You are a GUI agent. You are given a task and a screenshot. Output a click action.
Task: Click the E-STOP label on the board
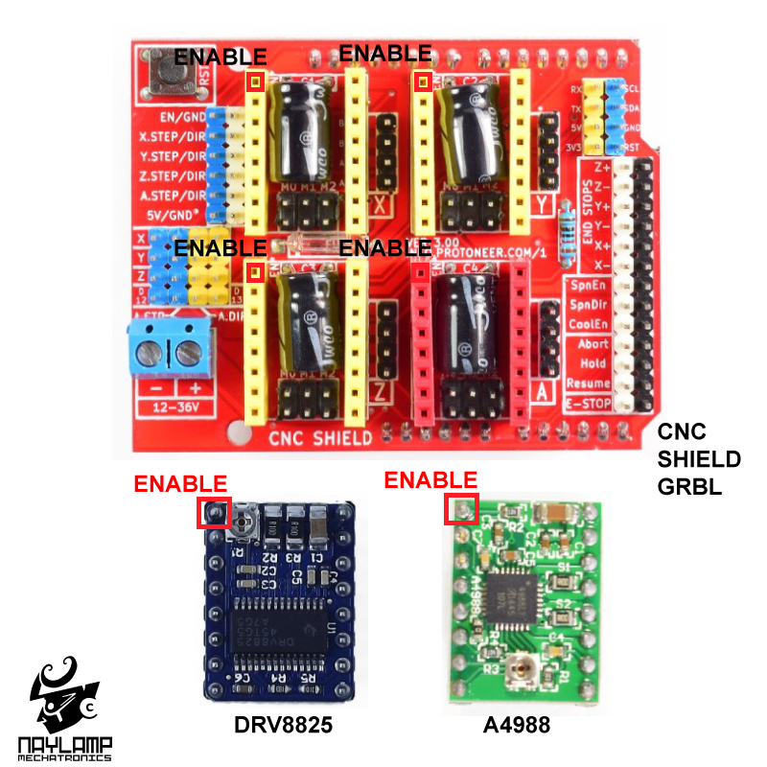click(x=588, y=404)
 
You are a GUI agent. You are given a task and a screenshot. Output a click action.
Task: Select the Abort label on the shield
click(x=593, y=343)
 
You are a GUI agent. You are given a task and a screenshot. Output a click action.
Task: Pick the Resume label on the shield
click(x=588, y=383)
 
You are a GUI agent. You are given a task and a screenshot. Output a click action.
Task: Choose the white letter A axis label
click(x=543, y=392)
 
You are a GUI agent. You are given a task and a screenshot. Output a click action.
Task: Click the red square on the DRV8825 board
click(x=214, y=512)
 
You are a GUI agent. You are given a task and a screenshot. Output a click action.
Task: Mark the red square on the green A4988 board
click(x=462, y=508)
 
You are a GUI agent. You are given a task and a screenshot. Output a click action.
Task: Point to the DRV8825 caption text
click(x=283, y=726)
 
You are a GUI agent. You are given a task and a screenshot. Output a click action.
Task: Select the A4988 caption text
click(x=517, y=726)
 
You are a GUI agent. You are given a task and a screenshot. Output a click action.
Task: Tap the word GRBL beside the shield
click(x=689, y=486)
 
